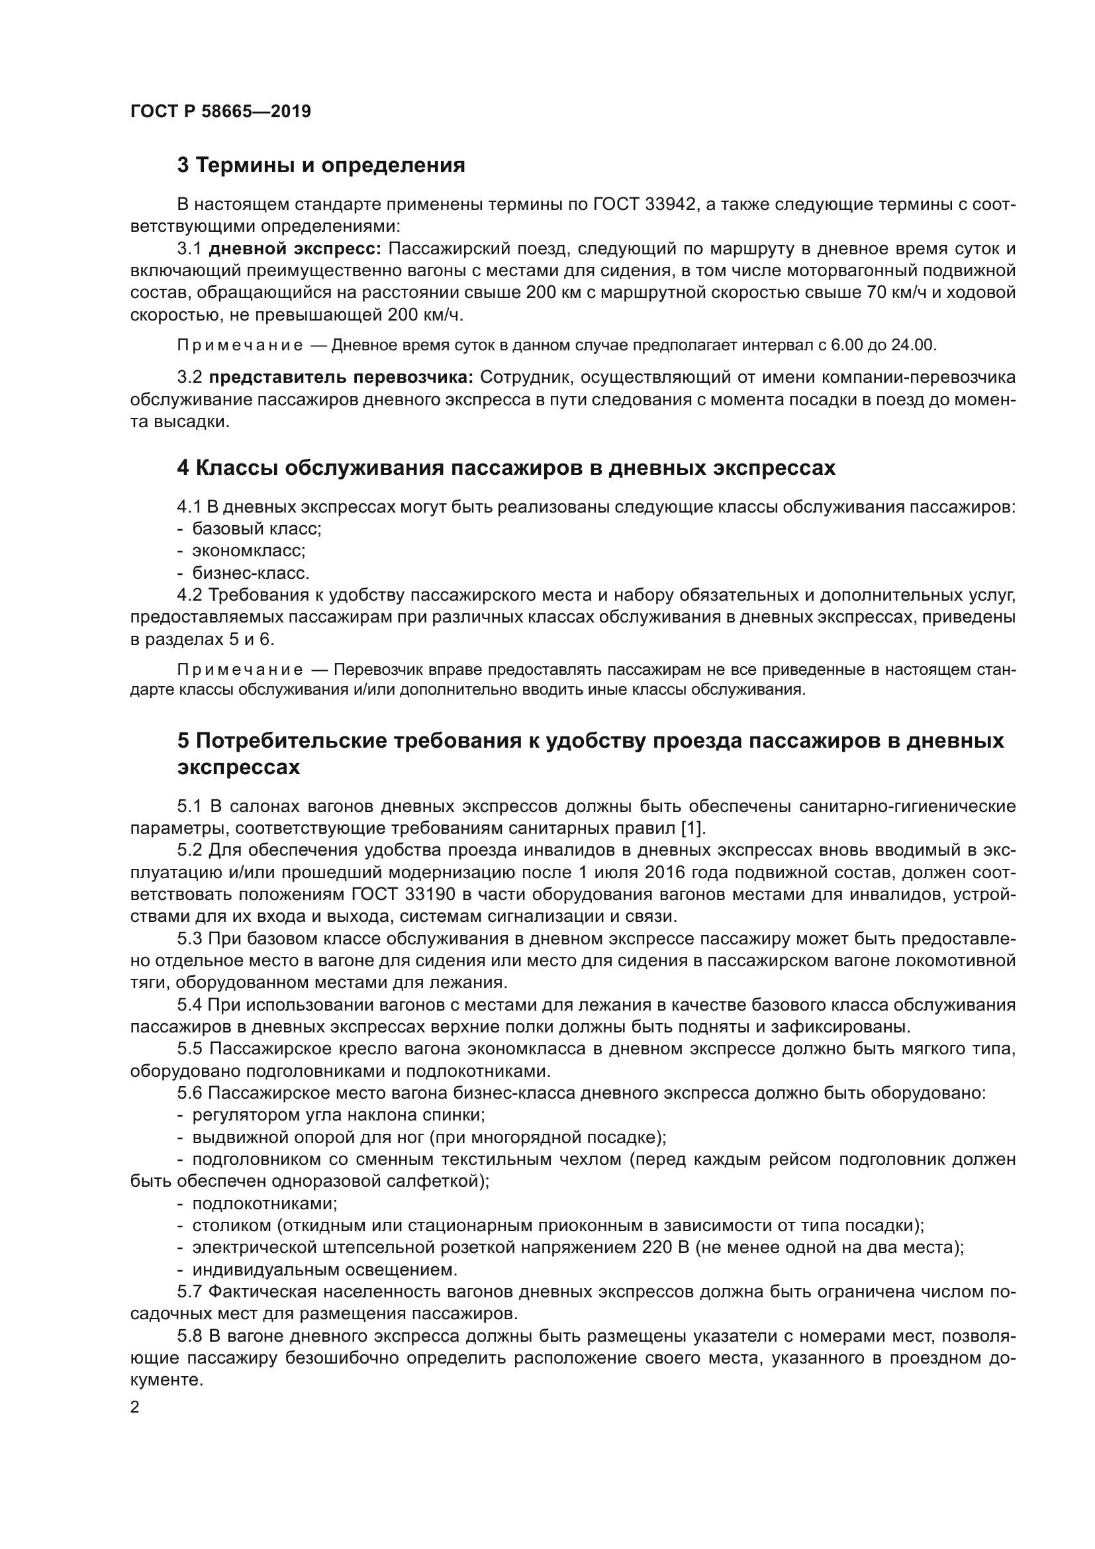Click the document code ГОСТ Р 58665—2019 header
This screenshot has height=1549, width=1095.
(220, 111)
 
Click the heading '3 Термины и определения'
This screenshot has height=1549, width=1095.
(321, 166)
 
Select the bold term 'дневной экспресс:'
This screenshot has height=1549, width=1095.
(295, 249)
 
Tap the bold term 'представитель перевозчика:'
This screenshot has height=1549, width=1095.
(341, 377)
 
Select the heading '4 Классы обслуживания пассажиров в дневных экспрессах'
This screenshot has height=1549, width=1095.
(506, 468)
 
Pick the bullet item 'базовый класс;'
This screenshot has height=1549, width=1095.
(256, 529)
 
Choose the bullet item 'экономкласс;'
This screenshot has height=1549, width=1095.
(249, 550)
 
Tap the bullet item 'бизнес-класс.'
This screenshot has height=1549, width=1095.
(251, 574)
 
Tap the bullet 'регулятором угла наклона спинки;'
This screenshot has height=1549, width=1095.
(338, 1115)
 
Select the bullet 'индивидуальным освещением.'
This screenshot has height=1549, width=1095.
(324, 1270)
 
